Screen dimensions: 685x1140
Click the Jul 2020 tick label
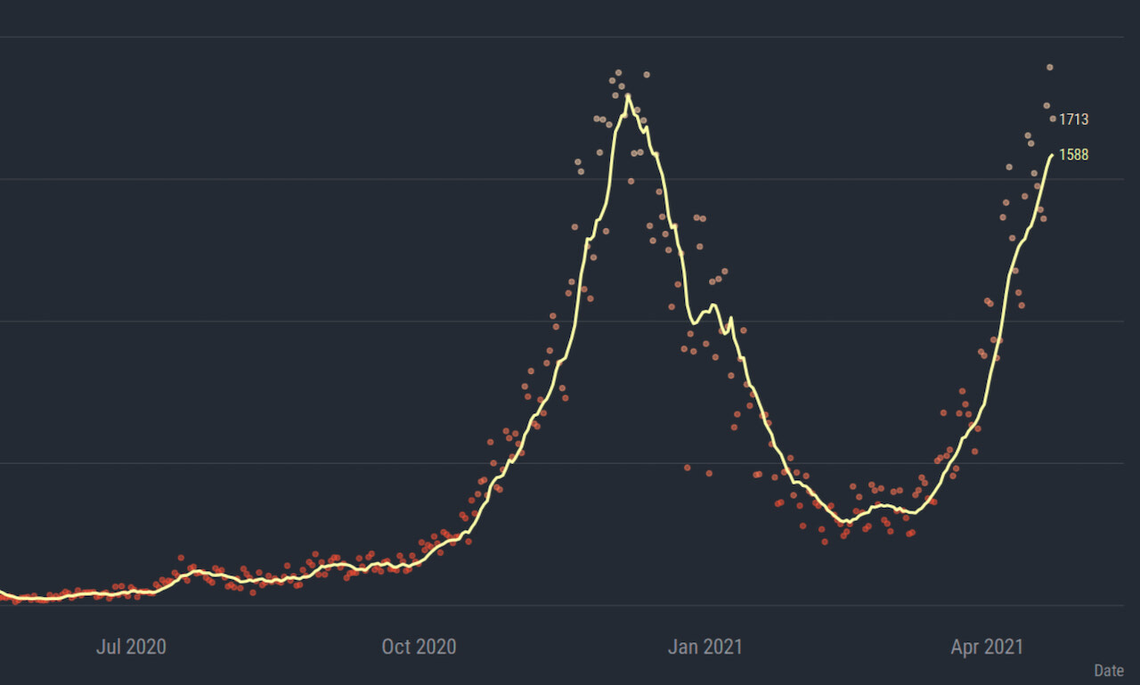coord(131,647)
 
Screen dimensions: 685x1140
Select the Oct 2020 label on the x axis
coord(419,647)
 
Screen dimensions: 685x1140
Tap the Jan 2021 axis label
coord(705,647)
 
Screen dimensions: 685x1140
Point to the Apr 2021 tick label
coord(987,647)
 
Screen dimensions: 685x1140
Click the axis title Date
coord(1109,671)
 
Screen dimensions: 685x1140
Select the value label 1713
coord(1073,119)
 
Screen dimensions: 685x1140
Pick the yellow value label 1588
coord(1073,155)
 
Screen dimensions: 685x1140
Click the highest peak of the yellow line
coord(628,95)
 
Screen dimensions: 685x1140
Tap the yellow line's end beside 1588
coord(1052,155)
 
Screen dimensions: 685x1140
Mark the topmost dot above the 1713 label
coord(1050,67)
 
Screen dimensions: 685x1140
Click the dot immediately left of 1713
coord(1053,118)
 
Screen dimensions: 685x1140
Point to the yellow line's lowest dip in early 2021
coord(843,522)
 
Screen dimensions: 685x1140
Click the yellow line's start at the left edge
coord(2,592)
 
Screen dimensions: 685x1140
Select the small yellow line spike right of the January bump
coord(731,319)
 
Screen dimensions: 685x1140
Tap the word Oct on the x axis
coord(396,647)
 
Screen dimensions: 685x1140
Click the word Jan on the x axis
coord(682,647)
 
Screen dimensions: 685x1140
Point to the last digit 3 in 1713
coord(1085,119)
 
